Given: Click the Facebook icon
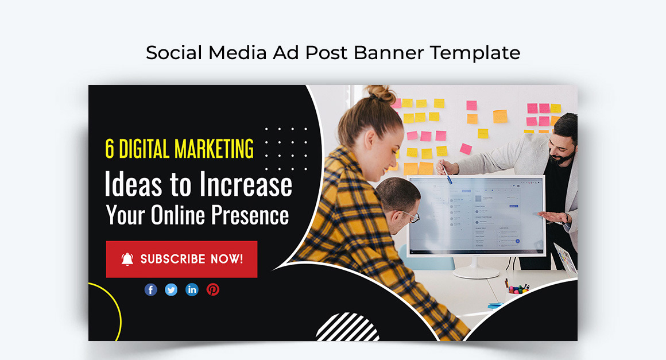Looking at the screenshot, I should [150, 290].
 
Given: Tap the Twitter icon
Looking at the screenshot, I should [171, 290].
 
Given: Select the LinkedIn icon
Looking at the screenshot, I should [192, 290].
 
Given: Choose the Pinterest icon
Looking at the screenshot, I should [213, 290].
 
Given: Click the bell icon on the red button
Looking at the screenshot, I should [127, 259].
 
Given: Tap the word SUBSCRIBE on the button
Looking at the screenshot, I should [173, 259].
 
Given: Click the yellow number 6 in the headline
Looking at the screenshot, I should [110, 149].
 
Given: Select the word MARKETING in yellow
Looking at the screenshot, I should [214, 149].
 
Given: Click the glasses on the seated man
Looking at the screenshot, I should [411, 215].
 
